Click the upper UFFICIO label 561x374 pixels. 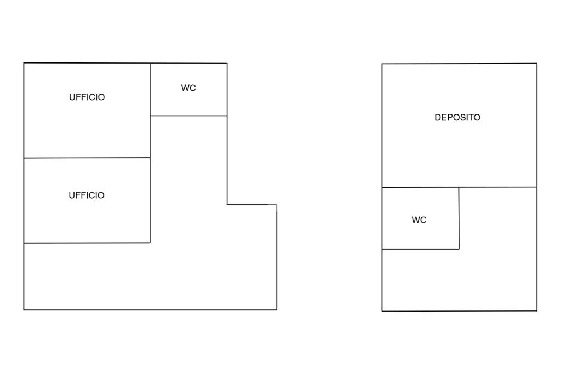tap(87, 97)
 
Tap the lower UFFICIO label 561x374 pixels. tap(87, 195)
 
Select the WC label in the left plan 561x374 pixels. tap(188, 88)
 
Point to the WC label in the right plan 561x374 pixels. tap(419, 220)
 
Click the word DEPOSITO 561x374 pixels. tap(457, 118)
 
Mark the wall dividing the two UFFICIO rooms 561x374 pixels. tap(87, 158)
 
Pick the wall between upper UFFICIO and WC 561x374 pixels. tap(150, 89)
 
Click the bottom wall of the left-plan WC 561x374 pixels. tap(188, 116)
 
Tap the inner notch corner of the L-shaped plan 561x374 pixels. tap(227, 204)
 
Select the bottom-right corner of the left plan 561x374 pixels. tap(277, 310)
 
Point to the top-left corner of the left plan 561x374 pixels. tap(24, 63)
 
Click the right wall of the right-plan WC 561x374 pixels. tap(459, 218)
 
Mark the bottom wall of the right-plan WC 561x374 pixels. tap(420, 249)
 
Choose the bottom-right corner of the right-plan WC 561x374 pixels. tap(459, 249)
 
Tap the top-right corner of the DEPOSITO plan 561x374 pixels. tap(537, 64)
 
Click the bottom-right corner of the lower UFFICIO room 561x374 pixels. tap(150, 243)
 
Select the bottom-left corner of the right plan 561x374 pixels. tap(382, 311)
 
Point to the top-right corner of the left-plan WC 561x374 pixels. tap(227, 64)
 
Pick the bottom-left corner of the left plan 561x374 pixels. tap(24, 310)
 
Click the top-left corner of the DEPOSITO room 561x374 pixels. tap(382, 64)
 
